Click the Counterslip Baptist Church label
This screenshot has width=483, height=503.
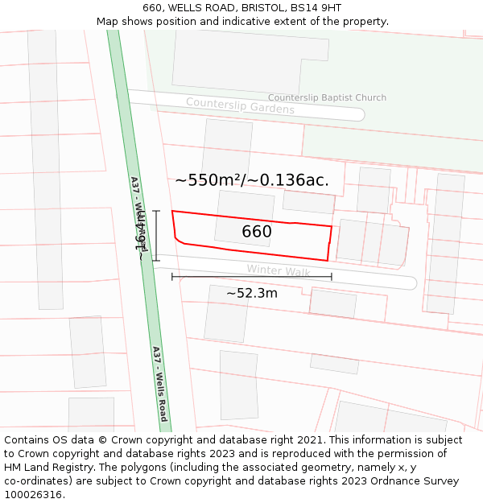pos(327,97)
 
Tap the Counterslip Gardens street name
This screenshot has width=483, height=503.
pos(240,105)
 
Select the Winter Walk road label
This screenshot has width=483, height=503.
pos(279,271)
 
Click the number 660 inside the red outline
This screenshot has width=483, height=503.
pos(257,232)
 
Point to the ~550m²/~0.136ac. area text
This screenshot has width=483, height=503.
pos(252,180)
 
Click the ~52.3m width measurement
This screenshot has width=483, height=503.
pos(251,293)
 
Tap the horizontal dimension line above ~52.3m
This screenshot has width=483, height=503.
pos(251,277)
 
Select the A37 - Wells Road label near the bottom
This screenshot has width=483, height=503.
pos(159,384)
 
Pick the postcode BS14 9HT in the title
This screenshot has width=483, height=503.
pos(319,8)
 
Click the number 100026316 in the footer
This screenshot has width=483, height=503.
pos(33,495)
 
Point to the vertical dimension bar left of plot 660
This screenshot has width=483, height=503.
pos(156,236)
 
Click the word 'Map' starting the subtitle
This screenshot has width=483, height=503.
pos(108,22)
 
